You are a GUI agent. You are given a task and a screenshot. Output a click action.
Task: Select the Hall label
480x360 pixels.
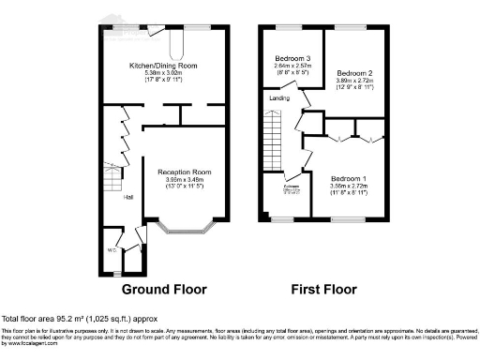pyautogui.click(x=129, y=197)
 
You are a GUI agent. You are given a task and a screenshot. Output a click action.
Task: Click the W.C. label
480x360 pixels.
pyautogui.click(x=112, y=249)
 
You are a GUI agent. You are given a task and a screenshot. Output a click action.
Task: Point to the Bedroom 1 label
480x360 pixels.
pyautogui.click(x=348, y=178)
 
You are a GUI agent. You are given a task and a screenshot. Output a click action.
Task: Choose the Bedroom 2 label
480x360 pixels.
pyautogui.click(x=355, y=73)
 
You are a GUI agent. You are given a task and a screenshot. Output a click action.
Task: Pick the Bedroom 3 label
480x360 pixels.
pyautogui.click(x=292, y=59)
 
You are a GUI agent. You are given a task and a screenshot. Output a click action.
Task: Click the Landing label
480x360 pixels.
pyautogui.click(x=279, y=97)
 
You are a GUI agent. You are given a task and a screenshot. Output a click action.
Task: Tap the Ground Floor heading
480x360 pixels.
pyautogui.click(x=164, y=288)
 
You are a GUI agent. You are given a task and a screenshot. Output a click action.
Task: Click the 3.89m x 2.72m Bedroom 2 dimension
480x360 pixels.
pyautogui.click(x=355, y=82)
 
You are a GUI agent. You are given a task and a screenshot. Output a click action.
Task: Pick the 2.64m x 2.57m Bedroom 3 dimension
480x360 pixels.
pyautogui.click(x=292, y=67)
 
